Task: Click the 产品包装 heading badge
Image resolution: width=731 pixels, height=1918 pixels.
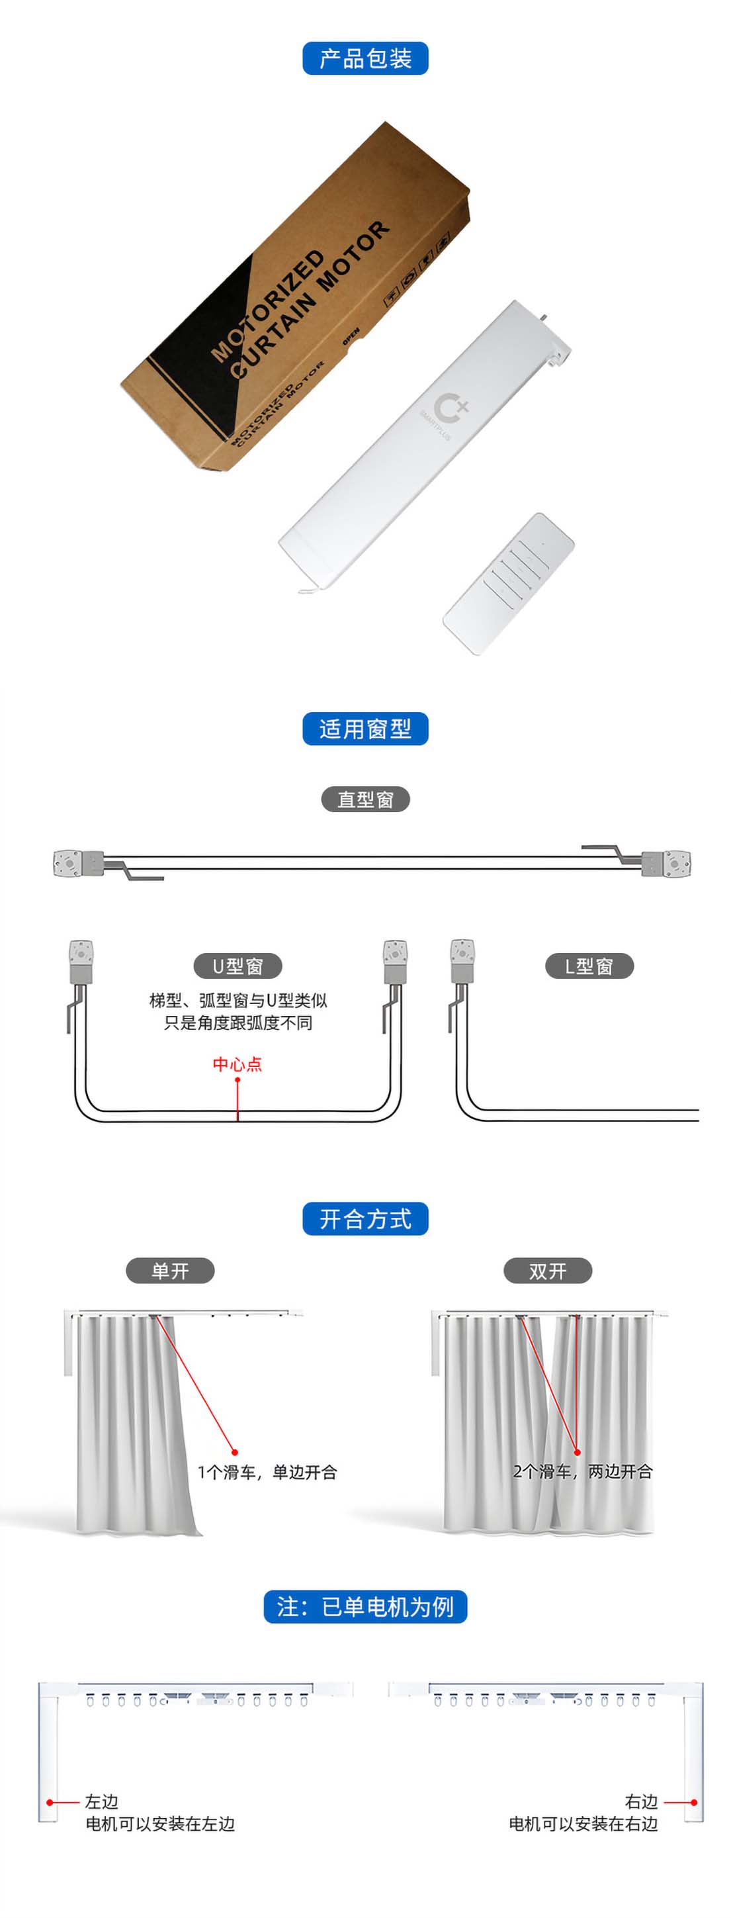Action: (365, 58)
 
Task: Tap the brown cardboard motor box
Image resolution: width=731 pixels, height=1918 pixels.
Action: (296, 297)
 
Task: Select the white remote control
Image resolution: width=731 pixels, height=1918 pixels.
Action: (509, 584)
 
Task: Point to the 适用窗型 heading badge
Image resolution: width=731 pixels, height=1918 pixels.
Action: (365, 728)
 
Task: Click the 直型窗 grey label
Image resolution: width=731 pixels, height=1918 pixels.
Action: (365, 799)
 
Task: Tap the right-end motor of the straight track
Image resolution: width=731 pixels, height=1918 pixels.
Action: (666, 863)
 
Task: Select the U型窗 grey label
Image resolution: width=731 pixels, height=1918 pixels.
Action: (237, 966)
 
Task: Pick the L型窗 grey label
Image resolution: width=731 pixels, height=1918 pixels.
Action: (589, 966)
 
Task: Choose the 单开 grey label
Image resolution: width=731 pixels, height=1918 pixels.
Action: (170, 1270)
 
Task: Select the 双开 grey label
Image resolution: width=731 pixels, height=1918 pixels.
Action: (548, 1270)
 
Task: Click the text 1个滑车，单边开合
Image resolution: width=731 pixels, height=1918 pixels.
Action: (267, 1471)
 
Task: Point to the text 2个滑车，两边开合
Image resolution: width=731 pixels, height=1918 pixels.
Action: (583, 1471)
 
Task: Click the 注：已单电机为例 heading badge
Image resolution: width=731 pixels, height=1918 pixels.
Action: (365, 1606)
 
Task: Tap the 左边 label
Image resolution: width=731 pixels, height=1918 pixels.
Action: (101, 1801)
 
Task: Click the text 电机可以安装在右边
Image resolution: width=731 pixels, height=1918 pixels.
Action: (583, 1823)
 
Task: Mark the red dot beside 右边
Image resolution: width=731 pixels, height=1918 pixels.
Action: (694, 1802)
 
